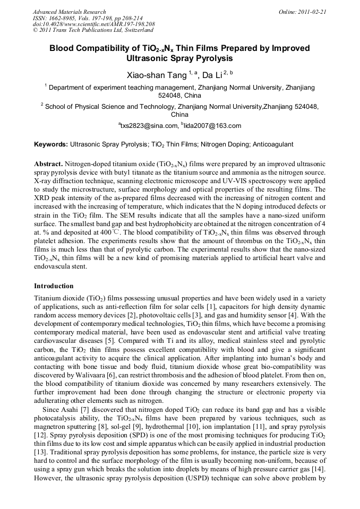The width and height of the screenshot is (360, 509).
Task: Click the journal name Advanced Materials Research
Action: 69,11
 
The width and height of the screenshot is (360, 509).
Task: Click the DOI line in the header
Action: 93,24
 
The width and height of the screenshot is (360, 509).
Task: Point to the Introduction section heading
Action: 54,286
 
